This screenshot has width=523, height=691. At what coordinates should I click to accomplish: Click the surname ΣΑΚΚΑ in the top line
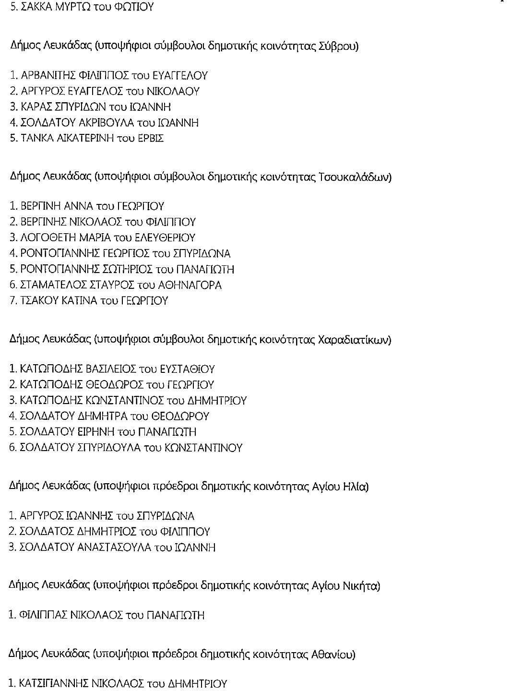click(x=40, y=8)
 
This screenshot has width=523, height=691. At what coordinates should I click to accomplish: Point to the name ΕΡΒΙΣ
click(x=152, y=139)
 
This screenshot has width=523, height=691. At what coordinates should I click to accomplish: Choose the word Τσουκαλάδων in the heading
click(x=355, y=178)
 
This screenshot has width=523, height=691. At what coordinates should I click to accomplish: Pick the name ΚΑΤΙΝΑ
click(x=78, y=301)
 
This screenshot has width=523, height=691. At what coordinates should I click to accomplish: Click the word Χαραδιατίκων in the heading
click(x=355, y=340)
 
